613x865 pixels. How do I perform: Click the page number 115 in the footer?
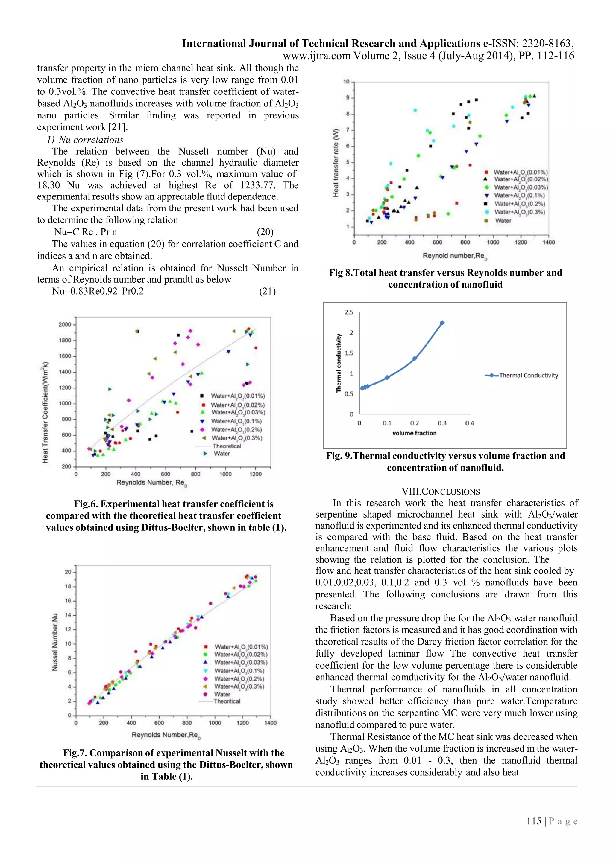[x=534, y=821]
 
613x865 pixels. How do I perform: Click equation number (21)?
[x=267, y=291]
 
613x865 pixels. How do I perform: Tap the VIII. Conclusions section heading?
[x=441, y=492]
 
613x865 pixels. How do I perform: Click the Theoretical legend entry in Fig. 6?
[x=227, y=446]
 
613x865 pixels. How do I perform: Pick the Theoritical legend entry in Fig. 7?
[x=227, y=701]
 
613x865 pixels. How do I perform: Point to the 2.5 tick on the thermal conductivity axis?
[x=349, y=312]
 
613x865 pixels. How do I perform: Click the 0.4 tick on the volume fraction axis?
[x=470, y=423]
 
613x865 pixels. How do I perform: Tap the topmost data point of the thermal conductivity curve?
[x=442, y=323]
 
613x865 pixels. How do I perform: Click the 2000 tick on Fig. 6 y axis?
[x=65, y=324]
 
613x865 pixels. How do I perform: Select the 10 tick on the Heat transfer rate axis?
[x=346, y=81]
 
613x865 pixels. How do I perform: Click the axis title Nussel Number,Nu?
[x=55, y=641]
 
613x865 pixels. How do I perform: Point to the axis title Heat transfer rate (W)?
[x=336, y=163]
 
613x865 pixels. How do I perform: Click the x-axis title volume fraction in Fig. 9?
[x=414, y=433]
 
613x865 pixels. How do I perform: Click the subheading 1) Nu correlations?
[x=85, y=140]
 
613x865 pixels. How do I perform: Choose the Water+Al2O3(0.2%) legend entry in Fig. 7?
[x=239, y=678]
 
